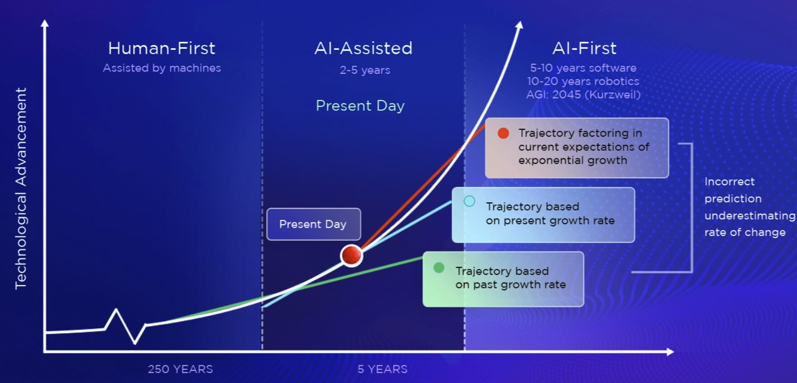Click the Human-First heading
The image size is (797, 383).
(x=162, y=48)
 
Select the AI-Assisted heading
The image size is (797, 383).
(x=363, y=48)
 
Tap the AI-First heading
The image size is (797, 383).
(x=584, y=48)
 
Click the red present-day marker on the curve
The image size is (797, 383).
(x=352, y=255)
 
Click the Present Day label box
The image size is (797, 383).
(x=314, y=224)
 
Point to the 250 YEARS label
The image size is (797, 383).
(x=180, y=369)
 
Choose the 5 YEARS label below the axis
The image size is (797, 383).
(x=382, y=369)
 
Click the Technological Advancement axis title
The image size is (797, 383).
(x=21, y=188)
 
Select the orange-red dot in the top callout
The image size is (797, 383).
(x=503, y=133)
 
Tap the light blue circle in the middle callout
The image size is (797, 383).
(x=469, y=201)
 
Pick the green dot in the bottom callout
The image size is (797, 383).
(x=439, y=268)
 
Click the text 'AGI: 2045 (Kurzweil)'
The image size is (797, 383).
(x=583, y=95)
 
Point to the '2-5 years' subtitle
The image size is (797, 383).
(x=365, y=70)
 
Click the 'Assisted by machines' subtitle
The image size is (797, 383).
(x=162, y=68)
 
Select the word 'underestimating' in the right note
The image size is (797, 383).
(x=750, y=215)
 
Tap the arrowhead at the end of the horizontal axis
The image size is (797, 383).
(x=670, y=352)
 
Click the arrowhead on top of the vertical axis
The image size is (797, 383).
(x=44, y=23)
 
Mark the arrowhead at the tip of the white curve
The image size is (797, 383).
(x=520, y=25)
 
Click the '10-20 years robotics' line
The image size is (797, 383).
(x=583, y=81)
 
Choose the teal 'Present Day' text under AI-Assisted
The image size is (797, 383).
(x=360, y=106)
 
